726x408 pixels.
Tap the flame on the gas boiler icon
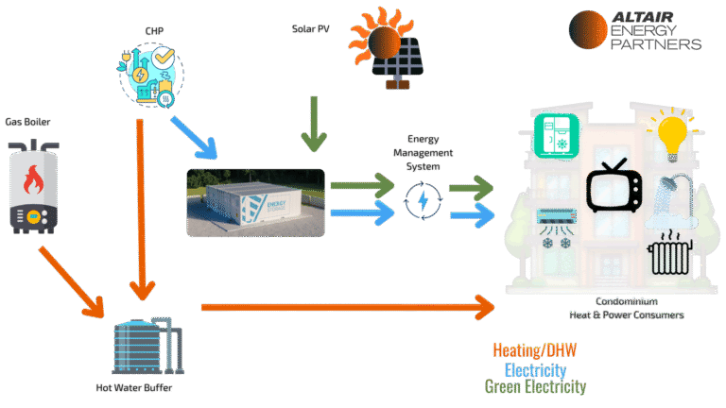(x=34, y=178)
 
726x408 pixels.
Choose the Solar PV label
(x=310, y=28)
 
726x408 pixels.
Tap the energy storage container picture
(x=255, y=202)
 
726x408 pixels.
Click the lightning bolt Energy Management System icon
(x=421, y=201)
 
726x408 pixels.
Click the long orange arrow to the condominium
(x=340, y=305)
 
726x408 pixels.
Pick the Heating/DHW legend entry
(x=535, y=350)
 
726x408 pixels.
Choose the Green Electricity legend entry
(x=535, y=387)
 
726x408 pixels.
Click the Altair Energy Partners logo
(x=635, y=30)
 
